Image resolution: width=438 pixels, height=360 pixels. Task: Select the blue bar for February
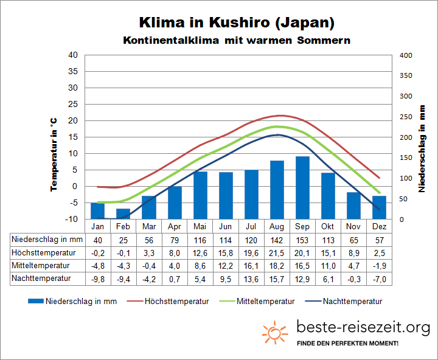(123, 213)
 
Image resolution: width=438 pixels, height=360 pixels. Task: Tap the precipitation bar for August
(277, 190)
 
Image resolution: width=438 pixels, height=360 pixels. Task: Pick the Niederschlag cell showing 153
(302, 239)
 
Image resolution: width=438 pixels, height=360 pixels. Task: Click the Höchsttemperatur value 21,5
(277, 252)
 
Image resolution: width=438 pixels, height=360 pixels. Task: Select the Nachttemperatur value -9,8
(98, 279)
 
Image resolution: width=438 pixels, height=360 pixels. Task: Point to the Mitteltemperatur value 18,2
(277, 266)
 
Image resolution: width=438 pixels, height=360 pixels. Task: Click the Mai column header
(200, 226)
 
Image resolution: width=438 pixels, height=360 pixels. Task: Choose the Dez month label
(379, 226)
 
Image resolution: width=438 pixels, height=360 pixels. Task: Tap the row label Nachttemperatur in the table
(41, 279)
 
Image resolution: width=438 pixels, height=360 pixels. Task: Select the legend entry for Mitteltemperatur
(266, 301)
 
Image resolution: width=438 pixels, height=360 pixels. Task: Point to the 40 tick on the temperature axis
(90, 55)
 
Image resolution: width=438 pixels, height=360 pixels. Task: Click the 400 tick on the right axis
(406, 55)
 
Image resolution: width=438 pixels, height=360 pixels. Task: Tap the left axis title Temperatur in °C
(54, 154)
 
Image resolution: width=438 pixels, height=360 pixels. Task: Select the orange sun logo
(275, 333)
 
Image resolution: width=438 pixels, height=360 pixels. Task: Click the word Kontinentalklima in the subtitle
(164, 41)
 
